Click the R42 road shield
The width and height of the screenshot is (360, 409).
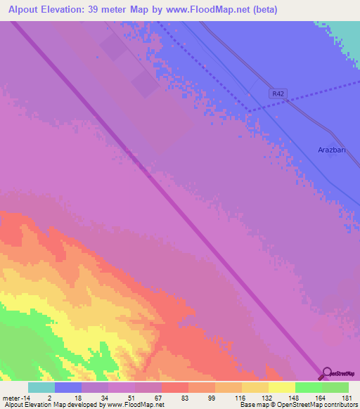click(x=279, y=93)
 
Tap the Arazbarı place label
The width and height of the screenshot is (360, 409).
click(x=333, y=150)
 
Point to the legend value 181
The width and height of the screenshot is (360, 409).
click(x=346, y=398)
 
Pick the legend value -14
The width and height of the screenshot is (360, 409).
click(x=26, y=398)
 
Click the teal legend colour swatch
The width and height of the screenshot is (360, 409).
click(x=41, y=387)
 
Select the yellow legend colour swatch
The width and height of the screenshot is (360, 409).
click(x=281, y=387)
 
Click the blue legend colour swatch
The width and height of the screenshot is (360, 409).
click(x=68, y=387)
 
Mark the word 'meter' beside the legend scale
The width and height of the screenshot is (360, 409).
click(x=11, y=398)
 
